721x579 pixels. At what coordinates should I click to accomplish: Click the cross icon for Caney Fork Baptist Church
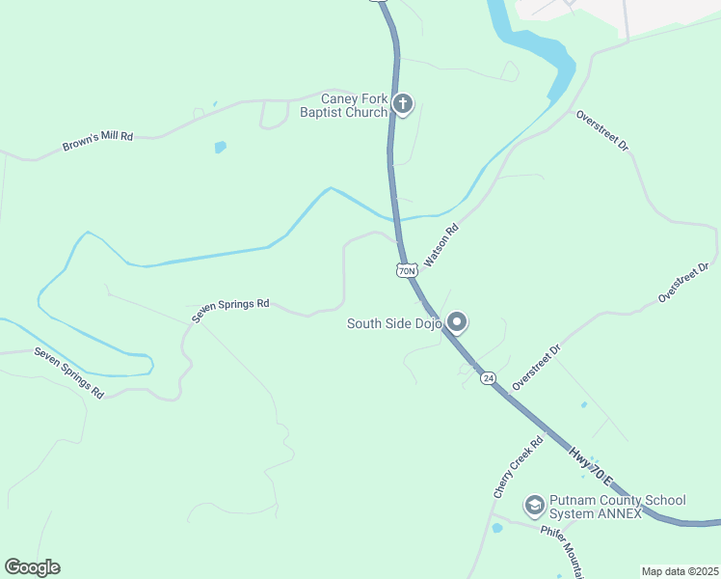tap(403, 103)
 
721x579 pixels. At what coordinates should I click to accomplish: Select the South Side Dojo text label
tap(394, 324)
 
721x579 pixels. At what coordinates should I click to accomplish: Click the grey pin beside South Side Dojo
tap(457, 322)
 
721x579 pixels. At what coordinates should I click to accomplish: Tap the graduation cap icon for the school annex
tap(533, 505)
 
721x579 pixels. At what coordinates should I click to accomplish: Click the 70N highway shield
tap(407, 270)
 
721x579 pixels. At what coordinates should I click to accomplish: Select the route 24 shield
tap(489, 378)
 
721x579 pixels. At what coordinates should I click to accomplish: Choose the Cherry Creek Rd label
tap(519, 466)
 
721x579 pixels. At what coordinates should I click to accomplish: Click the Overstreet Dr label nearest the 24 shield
tap(537, 367)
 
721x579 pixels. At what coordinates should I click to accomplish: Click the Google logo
tap(32, 567)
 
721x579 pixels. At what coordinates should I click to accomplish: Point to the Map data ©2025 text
tap(680, 571)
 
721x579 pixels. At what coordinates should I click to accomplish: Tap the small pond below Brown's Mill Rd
tap(221, 148)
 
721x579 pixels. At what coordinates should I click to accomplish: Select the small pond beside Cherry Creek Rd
tap(497, 529)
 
